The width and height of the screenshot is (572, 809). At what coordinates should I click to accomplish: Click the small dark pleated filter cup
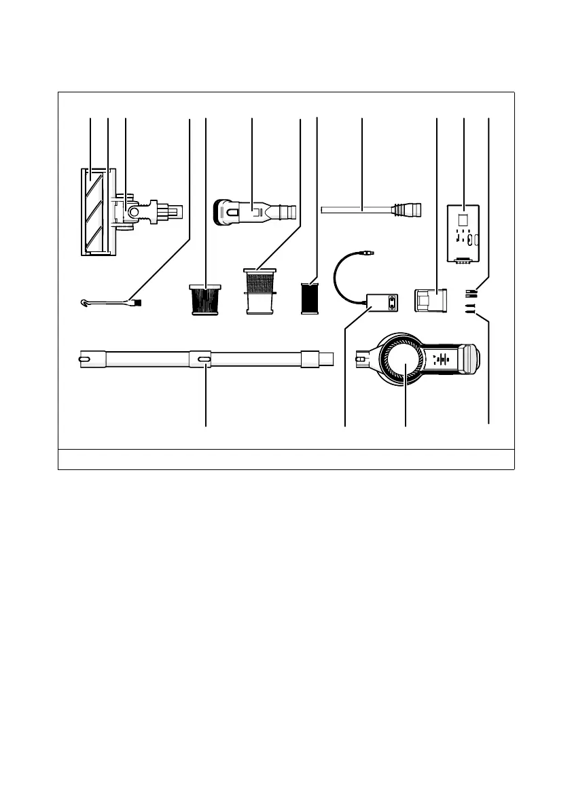point(204,299)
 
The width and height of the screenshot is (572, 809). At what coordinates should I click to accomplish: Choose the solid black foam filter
point(310,299)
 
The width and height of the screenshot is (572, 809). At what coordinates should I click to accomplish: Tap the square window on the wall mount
point(463,219)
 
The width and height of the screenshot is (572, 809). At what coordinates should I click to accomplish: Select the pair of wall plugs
point(469,293)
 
